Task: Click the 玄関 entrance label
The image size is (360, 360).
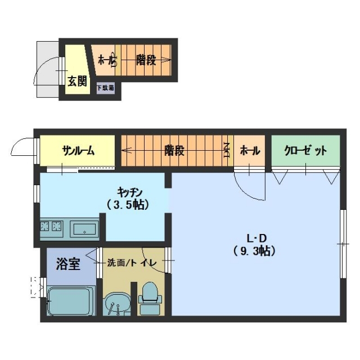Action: coord(78,81)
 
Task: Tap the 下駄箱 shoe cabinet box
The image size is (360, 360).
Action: coord(105,88)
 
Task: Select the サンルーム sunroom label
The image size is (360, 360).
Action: coord(78,151)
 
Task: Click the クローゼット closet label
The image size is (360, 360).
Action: coord(305,151)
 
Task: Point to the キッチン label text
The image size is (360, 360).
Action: coord(130,192)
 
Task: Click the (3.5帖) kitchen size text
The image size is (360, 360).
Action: coord(128,205)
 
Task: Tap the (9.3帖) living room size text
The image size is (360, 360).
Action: coord(254,251)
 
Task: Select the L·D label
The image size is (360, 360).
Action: coord(256,238)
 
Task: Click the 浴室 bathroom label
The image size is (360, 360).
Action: coord(68,264)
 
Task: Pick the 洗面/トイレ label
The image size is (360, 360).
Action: coord(132,263)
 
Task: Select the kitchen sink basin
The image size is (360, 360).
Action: coord(84,229)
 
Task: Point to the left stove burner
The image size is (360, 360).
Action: coord(44,226)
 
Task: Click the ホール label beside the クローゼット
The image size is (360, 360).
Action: coord(250,151)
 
